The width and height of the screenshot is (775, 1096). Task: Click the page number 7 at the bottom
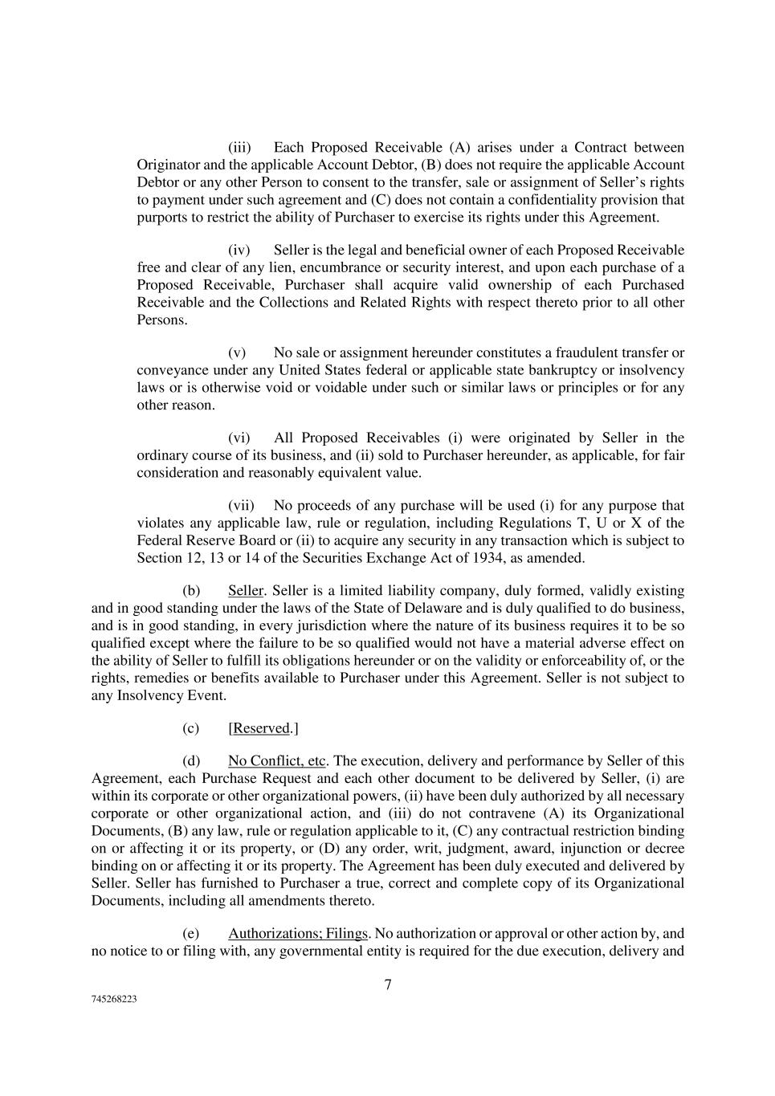coord(388,985)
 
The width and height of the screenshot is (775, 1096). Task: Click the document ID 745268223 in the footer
coord(113,1000)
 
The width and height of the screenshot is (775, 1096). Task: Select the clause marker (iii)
coord(239,148)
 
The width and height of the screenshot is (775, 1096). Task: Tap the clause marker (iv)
coord(239,251)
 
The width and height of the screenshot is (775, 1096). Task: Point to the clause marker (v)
coord(237,353)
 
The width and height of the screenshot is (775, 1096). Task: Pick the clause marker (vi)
coord(239,438)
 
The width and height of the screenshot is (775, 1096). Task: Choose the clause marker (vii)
coord(241,506)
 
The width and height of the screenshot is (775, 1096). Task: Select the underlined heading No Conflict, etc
coord(277,761)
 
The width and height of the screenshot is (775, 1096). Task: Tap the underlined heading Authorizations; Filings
coord(298,934)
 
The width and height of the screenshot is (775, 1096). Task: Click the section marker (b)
coord(191,591)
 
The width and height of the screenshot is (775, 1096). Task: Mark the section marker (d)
coord(191,761)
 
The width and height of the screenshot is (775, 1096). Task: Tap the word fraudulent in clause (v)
coord(581,353)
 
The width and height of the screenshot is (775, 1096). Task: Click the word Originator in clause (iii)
coord(167,165)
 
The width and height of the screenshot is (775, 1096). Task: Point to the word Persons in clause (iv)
coord(161,320)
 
